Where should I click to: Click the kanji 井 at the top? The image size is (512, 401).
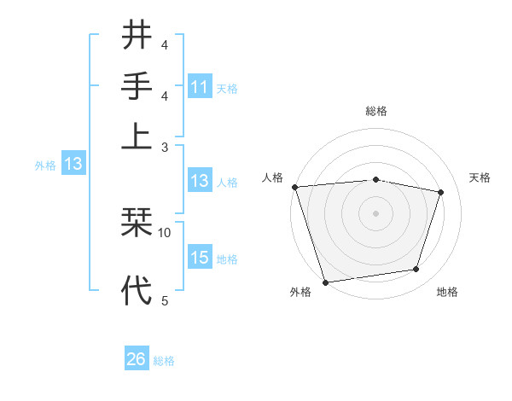[137, 36]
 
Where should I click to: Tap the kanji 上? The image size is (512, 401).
[137, 135]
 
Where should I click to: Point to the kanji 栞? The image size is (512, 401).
[137, 224]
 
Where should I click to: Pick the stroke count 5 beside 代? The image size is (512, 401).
[165, 299]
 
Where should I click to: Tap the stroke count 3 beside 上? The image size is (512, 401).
[165, 147]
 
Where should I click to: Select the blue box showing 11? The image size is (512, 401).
[199, 87]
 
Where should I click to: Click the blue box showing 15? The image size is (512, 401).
[199, 258]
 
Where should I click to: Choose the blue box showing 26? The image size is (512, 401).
[136, 359]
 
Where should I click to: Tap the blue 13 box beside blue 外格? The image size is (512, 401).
[73, 164]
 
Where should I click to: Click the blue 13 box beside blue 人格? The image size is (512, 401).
[199, 181]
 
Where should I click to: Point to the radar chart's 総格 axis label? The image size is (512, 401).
[376, 111]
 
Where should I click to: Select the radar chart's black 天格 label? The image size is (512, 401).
[480, 177]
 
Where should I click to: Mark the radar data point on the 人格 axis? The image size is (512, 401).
[294, 187]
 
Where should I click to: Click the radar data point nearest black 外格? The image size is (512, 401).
[326, 282]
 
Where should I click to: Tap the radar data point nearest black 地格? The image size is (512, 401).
[416, 270]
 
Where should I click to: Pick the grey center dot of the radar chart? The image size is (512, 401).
[376, 212]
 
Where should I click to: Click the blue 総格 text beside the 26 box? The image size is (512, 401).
[164, 361]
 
